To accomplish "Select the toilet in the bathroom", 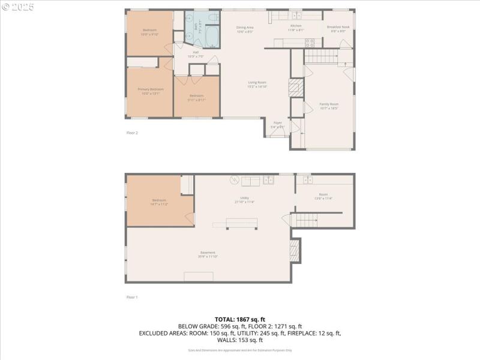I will coord(213,19).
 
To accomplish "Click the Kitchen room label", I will coord(296,26).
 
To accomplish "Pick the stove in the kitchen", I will coord(311,43).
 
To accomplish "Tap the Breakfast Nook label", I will coord(337,27).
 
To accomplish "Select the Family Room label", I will coord(329,104).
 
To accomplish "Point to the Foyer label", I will coord(277,123).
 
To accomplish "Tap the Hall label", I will coord(196,53).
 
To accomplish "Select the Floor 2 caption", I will coord(132,133).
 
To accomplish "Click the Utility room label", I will coord(245,198).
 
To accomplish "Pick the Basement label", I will coord(208,253).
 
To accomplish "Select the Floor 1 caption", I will coord(132,297).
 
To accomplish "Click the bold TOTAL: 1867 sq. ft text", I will coord(240,319).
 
